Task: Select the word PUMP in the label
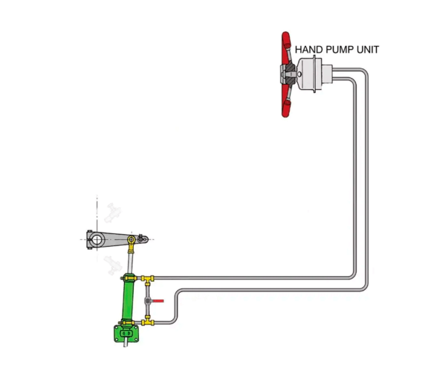(336, 50)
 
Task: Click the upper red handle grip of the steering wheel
(285, 40)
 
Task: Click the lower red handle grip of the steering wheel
(285, 108)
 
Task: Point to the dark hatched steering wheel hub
(290, 74)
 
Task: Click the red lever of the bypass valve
(158, 301)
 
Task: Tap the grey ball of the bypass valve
(148, 301)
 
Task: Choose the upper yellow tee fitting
(147, 279)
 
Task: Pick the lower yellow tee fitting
(148, 322)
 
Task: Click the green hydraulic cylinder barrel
(128, 300)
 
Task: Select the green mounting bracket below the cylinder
(126, 334)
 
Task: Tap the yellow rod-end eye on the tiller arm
(132, 239)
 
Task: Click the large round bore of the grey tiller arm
(97, 239)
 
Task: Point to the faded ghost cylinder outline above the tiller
(113, 213)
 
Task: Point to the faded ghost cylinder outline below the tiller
(113, 265)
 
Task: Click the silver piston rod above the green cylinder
(130, 262)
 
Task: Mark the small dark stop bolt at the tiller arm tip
(141, 239)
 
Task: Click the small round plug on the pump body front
(299, 74)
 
